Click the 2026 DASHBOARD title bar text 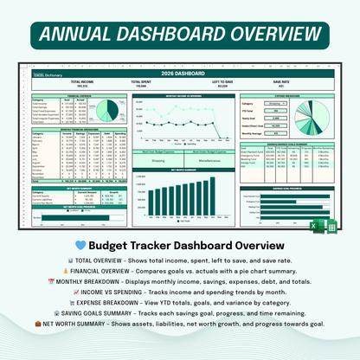pyautogui.click(x=179, y=72)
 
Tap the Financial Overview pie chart pyautogui.click(x=109, y=111)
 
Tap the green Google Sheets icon pyautogui.click(x=331, y=227)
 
